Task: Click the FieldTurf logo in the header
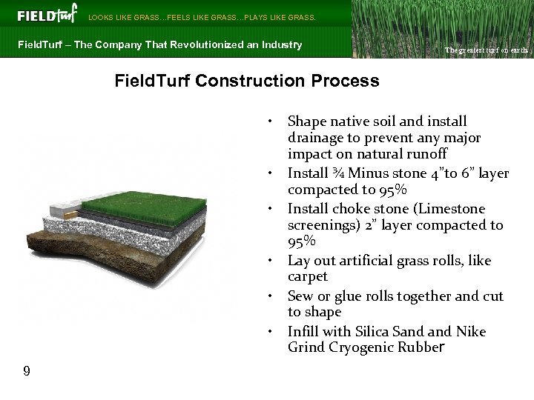point(46,15)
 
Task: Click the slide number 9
point(27,370)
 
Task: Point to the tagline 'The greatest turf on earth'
point(486,50)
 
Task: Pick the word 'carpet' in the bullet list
point(308,277)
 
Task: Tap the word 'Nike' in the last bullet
point(470,332)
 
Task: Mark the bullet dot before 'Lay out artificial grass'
point(272,261)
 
